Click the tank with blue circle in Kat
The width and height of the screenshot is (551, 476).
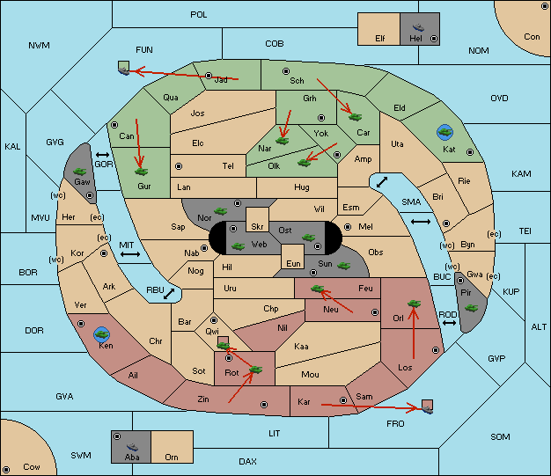coord(444,132)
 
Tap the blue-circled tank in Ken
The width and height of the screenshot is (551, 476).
coord(102,334)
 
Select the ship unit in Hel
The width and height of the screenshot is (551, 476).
coord(418,27)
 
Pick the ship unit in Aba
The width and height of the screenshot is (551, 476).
coord(132,446)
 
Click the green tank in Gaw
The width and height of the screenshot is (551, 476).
coord(80,172)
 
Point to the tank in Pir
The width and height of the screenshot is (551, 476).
coord(471,308)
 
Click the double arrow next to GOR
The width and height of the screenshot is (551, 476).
coord(103,155)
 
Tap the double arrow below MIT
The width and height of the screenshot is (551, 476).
coord(130,254)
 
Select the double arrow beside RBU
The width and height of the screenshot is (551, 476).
coord(169,294)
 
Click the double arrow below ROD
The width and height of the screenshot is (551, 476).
coord(449,323)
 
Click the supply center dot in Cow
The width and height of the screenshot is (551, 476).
coord(6,470)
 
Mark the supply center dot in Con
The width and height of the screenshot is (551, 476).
coord(544,6)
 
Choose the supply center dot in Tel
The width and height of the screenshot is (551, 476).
coord(179,166)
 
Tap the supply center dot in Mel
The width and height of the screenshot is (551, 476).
coord(348,227)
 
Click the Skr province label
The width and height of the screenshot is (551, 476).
coord(257,227)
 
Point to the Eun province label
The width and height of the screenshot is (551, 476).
coord(293,263)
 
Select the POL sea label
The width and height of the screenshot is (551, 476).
coord(199,15)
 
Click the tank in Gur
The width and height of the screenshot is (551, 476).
coord(141,172)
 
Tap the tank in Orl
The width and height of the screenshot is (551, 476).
coord(414,304)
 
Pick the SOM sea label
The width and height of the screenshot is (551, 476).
coord(500,437)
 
